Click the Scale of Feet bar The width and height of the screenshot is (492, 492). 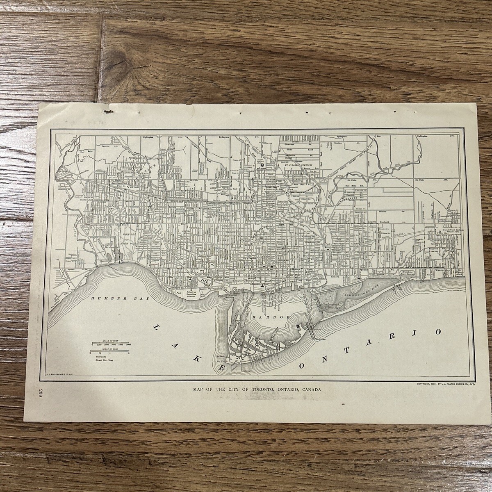coord(111,342)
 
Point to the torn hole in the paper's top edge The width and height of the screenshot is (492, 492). coord(108,110)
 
